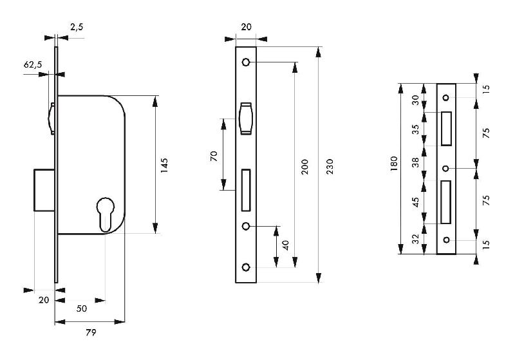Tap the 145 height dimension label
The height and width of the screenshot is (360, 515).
pyautogui.click(x=164, y=165)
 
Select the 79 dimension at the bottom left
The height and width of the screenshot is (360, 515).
pyautogui.click(x=91, y=332)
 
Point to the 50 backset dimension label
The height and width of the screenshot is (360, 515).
pyautogui.click(x=82, y=308)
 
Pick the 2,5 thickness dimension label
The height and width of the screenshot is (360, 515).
pyautogui.click(x=76, y=26)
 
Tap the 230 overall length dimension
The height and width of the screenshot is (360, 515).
pyautogui.click(x=330, y=165)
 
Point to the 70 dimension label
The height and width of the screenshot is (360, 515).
pyautogui.click(x=214, y=155)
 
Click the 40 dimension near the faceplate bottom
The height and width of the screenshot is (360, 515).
pyautogui.click(x=285, y=246)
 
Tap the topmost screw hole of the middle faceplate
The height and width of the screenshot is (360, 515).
pyautogui.click(x=246, y=62)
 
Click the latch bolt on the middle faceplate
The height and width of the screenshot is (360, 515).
pyautogui.click(x=246, y=119)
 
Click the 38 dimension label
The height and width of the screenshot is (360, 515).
pyautogui.click(x=415, y=163)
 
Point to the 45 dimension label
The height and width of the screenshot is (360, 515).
pyautogui.click(x=415, y=201)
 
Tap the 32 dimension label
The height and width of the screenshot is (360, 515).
pyautogui.click(x=415, y=238)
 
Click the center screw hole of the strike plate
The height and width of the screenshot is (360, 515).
pyautogui.click(x=445, y=169)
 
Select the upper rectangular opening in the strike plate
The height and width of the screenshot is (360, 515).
pyautogui.click(x=446, y=128)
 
